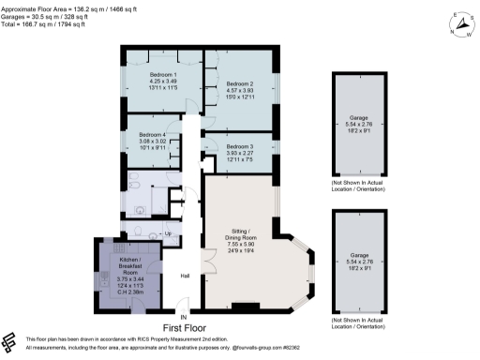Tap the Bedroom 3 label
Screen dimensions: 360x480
240,147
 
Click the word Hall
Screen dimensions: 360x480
186,275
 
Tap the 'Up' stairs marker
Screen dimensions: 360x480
169,232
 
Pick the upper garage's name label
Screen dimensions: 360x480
359,117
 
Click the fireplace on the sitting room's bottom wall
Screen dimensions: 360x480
246,305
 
